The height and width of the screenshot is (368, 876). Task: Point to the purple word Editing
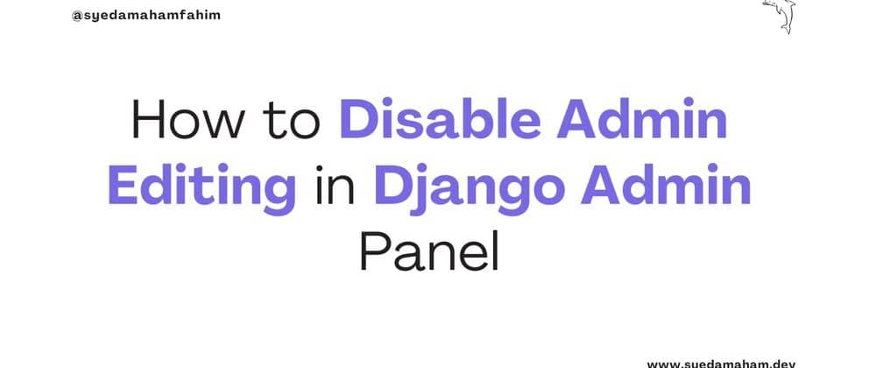tap(202, 187)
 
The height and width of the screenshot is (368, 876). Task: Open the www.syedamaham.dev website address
tap(714, 362)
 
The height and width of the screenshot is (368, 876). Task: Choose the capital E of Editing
tap(121, 187)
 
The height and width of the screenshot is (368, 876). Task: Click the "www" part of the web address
tap(661, 362)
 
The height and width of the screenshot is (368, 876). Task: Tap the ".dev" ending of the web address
tap(768, 362)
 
